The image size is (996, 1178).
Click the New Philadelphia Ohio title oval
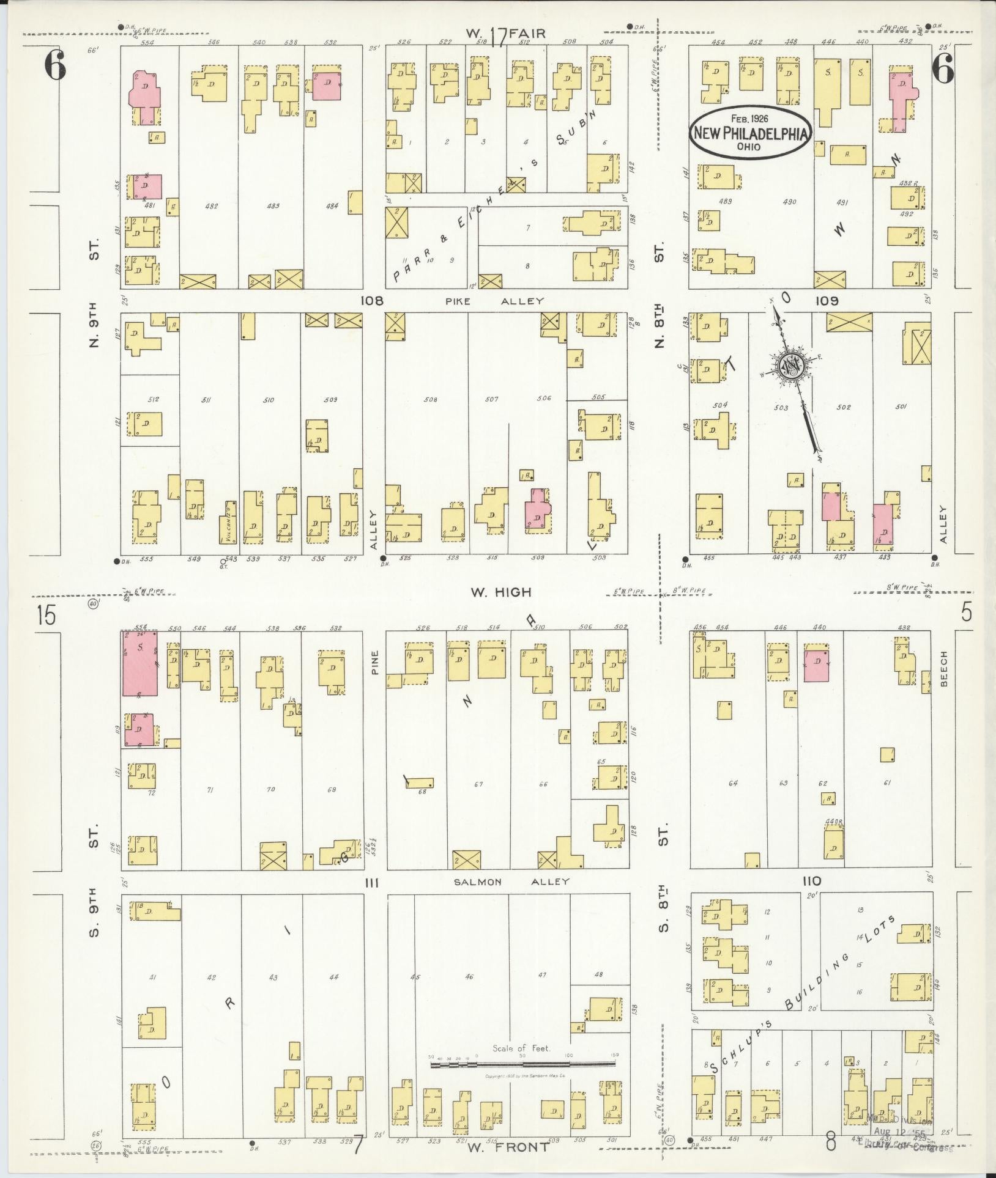pyautogui.click(x=751, y=133)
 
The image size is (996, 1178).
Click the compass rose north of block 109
pyautogui.click(x=790, y=366)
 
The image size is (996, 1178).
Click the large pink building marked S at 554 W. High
pyautogui.click(x=139, y=663)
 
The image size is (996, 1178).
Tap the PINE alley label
pyautogui.click(x=374, y=661)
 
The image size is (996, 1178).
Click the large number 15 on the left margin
pyautogui.click(x=46, y=615)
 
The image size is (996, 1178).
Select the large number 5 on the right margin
pyautogui.click(x=966, y=612)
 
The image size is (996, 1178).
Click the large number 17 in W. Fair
pyautogui.click(x=499, y=38)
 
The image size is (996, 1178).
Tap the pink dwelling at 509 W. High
pyautogui.click(x=537, y=510)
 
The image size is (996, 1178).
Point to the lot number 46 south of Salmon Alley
pyautogui.click(x=469, y=977)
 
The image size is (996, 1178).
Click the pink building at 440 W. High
pyautogui.click(x=816, y=663)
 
